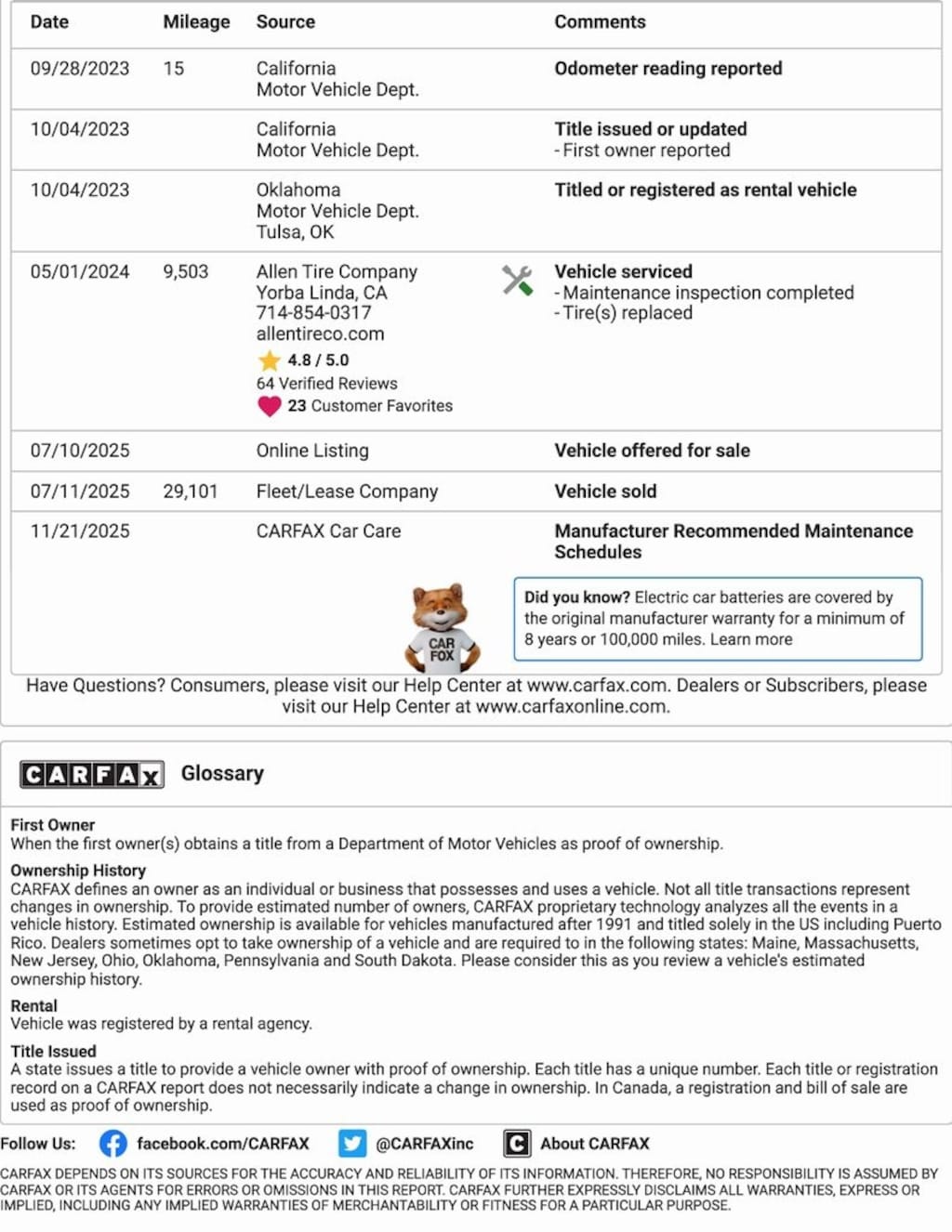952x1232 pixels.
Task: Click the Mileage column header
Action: (196, 21)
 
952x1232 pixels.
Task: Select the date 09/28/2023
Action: (80, 69)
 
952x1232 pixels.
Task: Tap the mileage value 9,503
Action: (186, 271)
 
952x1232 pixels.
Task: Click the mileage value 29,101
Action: (191, 491)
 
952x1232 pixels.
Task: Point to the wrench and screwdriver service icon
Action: (517, 280)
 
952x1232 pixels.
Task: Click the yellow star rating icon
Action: (270, 360)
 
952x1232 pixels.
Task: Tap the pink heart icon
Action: (270, 406)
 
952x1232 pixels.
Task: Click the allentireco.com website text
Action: (320, 334)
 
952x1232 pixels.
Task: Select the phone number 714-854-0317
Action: (313, 313)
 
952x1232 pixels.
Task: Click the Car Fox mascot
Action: (442, 627)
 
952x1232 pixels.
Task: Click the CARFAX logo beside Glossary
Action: (92, 774)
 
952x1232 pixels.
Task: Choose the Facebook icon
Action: (113, 1144)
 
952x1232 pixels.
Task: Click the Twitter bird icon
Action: (352, 1144)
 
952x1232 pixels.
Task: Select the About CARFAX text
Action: (595, 1144)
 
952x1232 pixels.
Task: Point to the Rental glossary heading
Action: (34, 1005)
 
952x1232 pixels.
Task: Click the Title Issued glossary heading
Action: (54, 1051)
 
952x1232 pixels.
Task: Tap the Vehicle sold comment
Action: (605, 491)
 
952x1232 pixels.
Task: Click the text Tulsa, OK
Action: (295, 232)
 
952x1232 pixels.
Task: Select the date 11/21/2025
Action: (80, 531)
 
